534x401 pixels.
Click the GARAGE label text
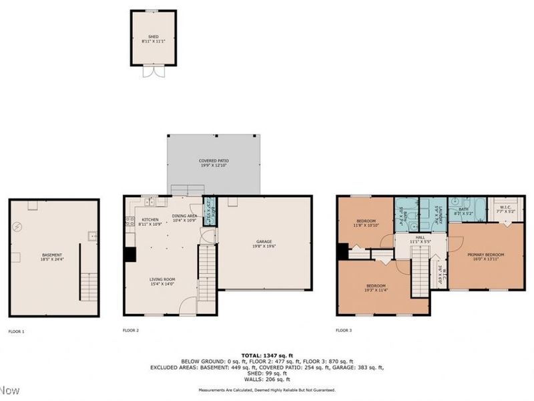click(x=265, y=243)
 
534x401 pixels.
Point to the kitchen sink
click(x=150, y=201)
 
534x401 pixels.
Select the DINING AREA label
click(x=184, y=217)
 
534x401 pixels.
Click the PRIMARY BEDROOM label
click(x=485, y=256)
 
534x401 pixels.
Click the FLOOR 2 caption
click(x=131, y=330)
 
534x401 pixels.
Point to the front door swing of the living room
click(x=189, y=307)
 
